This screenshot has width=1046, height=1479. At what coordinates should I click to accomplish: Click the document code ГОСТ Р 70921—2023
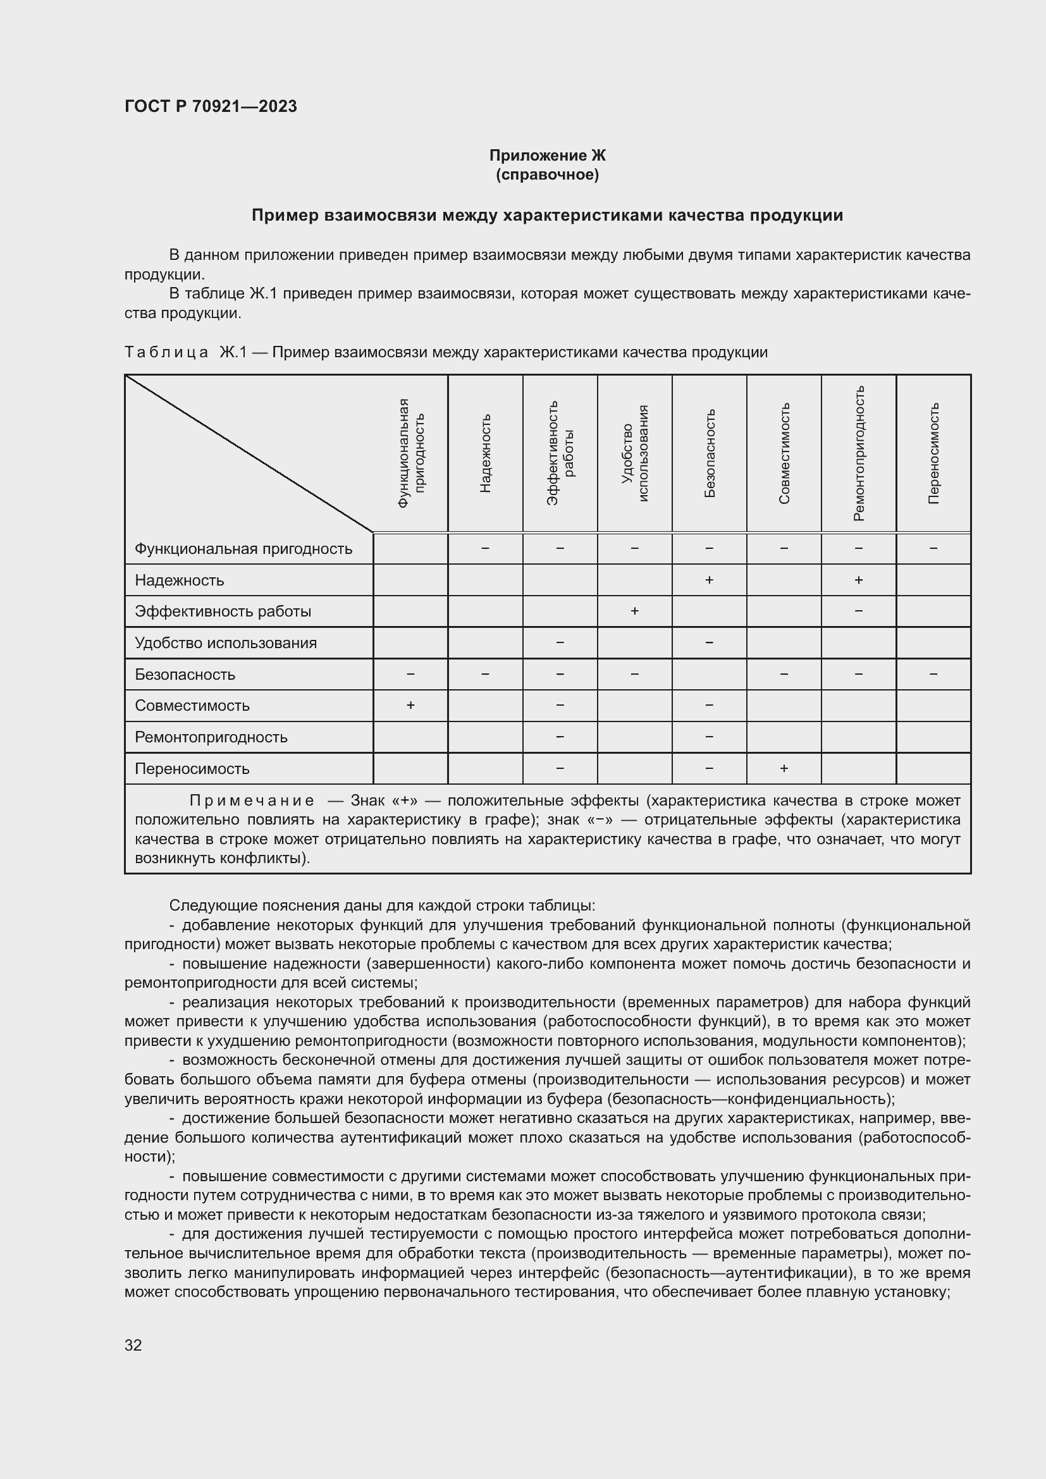point(211,106)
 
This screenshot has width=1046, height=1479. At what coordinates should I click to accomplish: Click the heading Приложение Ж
point(547,156)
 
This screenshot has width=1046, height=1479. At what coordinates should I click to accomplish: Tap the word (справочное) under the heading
point(547,175)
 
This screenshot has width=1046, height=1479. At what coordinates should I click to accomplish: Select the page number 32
point(133,1345)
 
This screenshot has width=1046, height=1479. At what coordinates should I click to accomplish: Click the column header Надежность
point(486,453)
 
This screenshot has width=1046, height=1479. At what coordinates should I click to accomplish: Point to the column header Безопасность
point(709,453)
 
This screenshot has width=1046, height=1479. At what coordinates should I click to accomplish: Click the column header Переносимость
point(933,453)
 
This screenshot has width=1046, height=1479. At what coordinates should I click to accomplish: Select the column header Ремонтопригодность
point(859,453)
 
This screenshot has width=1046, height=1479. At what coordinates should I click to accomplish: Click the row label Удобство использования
point(225,643)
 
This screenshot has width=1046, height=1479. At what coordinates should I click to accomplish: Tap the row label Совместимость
point(192,706)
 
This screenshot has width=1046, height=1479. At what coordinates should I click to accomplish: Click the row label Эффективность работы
point(223,611)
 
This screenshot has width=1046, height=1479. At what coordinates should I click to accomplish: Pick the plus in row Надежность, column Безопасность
point(709,580)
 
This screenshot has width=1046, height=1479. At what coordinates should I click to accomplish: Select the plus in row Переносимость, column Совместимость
point(784,768)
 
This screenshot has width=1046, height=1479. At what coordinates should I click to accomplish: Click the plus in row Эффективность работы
point(634,611)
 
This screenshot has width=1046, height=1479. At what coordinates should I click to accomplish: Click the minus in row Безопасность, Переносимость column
point(933,674)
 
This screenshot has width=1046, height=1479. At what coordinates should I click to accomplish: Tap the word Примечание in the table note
point(252,801)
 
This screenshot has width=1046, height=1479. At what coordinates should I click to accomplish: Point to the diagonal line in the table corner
point(249,453)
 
